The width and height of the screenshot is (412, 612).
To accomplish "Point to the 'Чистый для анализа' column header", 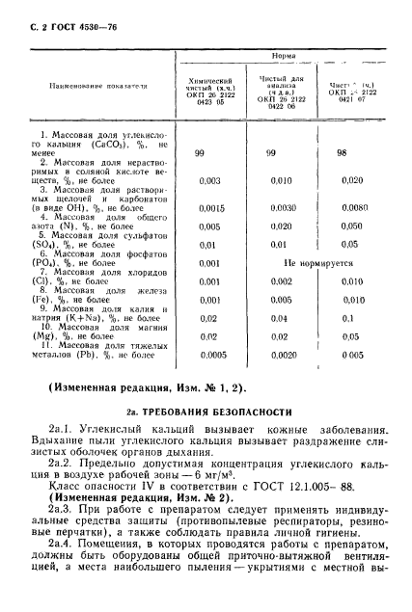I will tap(284, 88).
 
